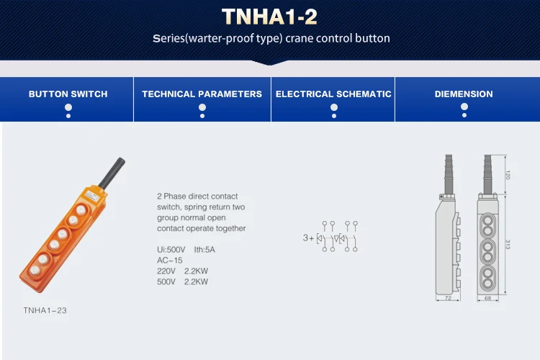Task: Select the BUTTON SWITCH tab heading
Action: (68, 94)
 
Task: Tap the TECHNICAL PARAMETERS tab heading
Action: (202, 94)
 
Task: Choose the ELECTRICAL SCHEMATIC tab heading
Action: (333, 94)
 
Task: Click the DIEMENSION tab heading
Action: (464, 94)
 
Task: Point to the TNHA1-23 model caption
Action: (46, 310)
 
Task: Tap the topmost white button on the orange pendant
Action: (81, 210)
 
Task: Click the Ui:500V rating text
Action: (171, 249)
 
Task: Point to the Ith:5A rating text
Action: (205, 249)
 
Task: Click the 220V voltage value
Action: (167, 271)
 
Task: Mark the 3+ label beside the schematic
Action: (308, 238)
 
